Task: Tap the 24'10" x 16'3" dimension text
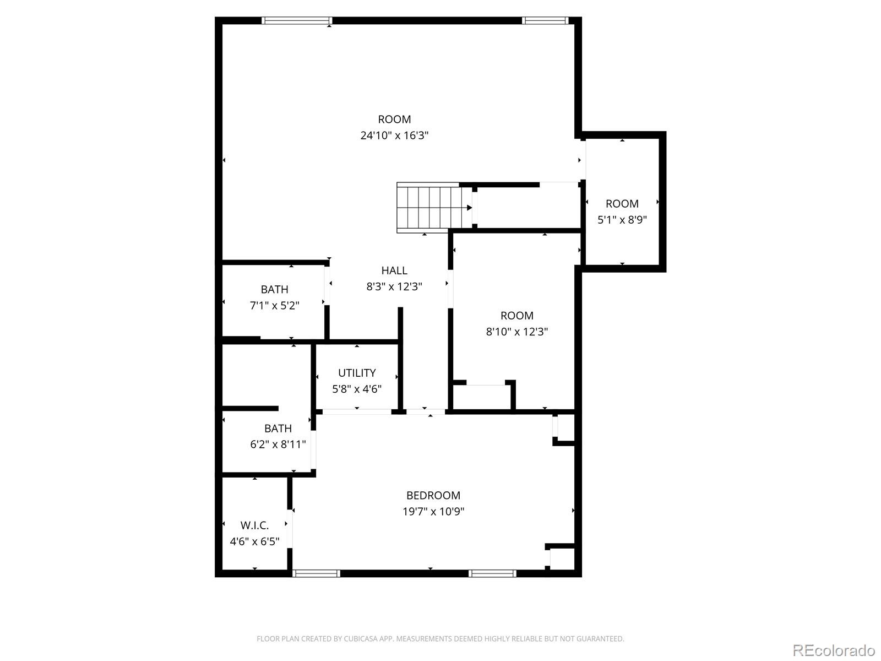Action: coord(394,136)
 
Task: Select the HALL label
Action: coord(394,270)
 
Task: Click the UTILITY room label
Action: coord(357,373)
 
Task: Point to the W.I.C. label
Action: coord(254,525)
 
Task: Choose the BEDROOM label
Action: coord(433,495)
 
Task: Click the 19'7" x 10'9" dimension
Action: coord(433,512)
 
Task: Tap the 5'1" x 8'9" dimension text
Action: coord(622,220)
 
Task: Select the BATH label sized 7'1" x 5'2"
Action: coord(274,289)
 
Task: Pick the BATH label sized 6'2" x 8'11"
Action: coord(278,428)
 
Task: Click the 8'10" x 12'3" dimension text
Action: coord(516,332)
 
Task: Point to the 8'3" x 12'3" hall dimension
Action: coord(394,286)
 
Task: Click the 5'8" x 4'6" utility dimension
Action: coord(357,389)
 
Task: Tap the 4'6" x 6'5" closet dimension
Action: coord(254,541)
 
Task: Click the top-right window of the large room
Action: coord(545,21)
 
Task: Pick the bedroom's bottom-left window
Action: coord(317,573)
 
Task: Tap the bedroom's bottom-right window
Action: coord(493,573)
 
